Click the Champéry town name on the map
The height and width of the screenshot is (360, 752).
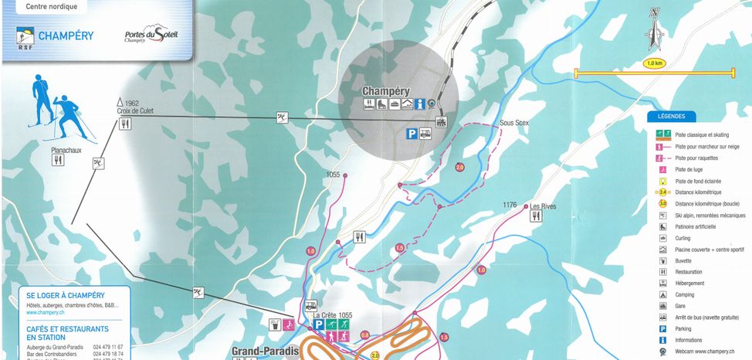386,90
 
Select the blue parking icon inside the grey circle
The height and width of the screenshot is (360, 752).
412,134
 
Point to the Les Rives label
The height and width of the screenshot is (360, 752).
543,206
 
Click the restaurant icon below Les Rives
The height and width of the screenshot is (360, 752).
536,217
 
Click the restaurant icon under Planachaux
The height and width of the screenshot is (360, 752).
57,160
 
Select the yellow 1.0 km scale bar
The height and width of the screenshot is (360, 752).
655,74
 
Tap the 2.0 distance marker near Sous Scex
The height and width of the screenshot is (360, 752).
460,167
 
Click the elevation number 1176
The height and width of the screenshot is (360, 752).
510,205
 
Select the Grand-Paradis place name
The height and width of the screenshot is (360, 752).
264,350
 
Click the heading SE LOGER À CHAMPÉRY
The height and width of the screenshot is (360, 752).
66,296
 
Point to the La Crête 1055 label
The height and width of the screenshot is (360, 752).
332,315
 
